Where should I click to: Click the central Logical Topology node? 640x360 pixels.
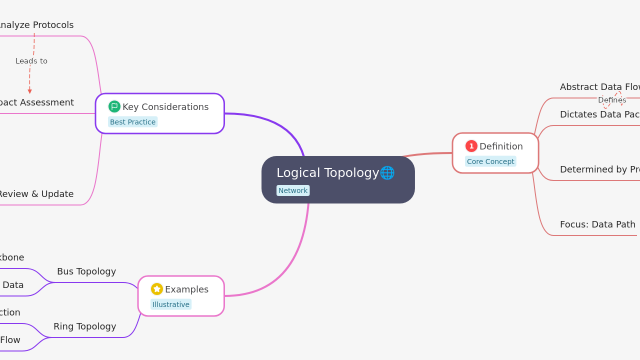click(327, 173)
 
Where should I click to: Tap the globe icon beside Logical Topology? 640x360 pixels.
click(387, 173)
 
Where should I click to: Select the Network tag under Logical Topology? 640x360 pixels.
click(293, 191)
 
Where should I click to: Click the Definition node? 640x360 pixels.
click(501, 146)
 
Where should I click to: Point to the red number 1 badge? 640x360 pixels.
click(471, 146)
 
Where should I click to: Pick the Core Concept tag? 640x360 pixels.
click(490, 162)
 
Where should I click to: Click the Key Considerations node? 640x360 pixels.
click(165, 107)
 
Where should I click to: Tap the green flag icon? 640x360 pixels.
click(114, 106)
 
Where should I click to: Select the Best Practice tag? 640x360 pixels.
click(133, 122)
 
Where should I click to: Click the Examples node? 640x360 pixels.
click(187, 289)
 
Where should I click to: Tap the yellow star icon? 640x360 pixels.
click(157, 289)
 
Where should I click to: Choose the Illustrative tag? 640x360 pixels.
click(171, 305)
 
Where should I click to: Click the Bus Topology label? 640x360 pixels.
click(86, 271)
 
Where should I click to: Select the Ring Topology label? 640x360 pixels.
click(85, 326)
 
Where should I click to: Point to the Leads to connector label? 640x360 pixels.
click(31, 61)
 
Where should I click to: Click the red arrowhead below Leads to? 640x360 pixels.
click(30, 91)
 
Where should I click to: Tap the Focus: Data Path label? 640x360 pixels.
click(597, 224)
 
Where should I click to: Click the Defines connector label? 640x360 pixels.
click(612, 100)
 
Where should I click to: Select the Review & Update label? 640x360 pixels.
click(36, 194)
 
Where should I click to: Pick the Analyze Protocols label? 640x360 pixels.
click(36, 25)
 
